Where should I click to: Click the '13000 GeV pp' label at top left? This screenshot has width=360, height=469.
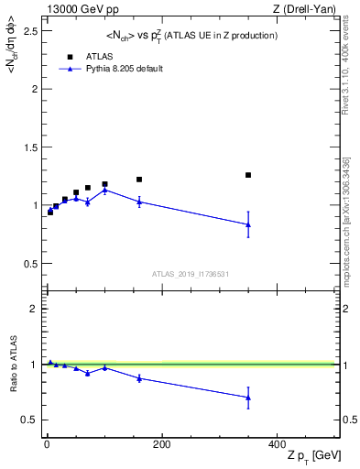click(x=80, y=9)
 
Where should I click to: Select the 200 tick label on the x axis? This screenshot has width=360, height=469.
click(x=161, y=444)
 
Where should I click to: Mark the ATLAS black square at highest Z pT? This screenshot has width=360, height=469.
click(x=247, y=175)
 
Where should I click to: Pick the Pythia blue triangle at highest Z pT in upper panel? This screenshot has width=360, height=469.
click(x=247, y=224)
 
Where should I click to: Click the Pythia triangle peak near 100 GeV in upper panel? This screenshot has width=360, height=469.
click(x=104, y=190)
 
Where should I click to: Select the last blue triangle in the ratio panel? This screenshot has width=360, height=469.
click(x=247, y=398)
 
